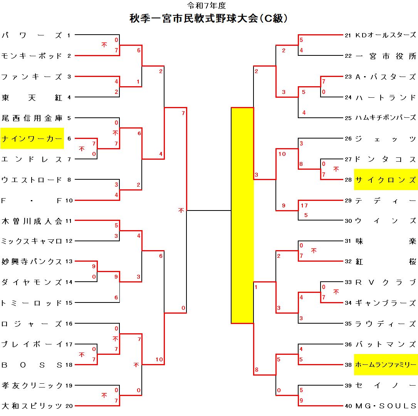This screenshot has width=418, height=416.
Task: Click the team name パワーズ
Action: click(32, 35)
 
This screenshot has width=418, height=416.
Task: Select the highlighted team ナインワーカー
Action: click(32, 139)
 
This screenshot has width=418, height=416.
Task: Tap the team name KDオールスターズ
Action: click(385, 35)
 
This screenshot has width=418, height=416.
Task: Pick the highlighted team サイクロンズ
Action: click(386, 180)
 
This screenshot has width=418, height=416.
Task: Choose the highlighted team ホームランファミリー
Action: click(386, 364)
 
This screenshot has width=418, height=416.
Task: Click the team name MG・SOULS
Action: click(386, 406)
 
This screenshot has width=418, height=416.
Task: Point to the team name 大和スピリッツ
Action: click(32, 406)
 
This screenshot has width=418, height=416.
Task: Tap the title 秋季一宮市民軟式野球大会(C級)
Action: click(208, 18)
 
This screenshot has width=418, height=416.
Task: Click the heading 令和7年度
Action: click(206, 5)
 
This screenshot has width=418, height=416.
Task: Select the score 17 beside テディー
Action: click(304, 205)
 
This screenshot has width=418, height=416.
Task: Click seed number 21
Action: click(348, 35)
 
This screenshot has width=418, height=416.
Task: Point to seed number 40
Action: click(348, 406)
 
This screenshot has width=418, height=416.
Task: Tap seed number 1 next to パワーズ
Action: click(69, 35)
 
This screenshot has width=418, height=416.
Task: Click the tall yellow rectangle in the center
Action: click(242, 215)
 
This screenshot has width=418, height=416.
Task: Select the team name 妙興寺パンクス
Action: click(32, 262)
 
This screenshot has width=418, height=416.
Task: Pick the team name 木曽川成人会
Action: click(32, 221)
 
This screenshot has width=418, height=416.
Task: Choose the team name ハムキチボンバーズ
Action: click(385, 118)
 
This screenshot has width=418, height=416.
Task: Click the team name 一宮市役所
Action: click(385, 56)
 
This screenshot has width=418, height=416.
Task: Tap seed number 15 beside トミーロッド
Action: click(69, 303)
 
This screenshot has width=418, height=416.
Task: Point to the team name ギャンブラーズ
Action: click(385, 303)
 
